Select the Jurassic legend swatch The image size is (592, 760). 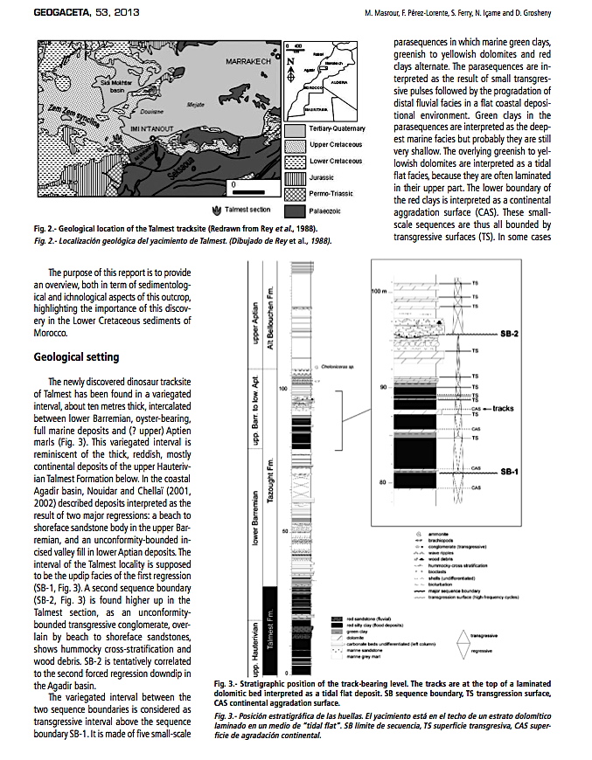tap(295, 178)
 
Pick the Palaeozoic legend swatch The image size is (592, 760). tap(295, 211)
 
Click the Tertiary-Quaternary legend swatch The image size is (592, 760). tap(295, 128)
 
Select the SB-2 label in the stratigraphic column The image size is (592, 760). tap(513, 335)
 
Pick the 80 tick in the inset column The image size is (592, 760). tap(382, 482)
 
